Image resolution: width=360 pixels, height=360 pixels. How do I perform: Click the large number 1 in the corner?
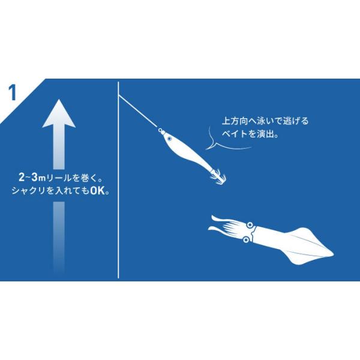pos(13,92)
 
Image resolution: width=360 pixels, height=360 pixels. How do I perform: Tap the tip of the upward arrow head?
pos(59,100)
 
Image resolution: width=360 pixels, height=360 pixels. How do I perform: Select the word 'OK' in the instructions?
pos(97,191)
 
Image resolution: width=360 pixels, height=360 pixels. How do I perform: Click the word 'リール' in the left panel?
pos(59,178)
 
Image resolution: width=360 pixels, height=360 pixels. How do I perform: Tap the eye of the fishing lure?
pos(169,139)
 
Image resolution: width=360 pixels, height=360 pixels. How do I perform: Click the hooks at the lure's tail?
pos(218,176)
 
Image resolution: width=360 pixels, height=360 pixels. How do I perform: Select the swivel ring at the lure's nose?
pos(160,130)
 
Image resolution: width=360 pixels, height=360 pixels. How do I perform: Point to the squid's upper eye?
pos(250,224)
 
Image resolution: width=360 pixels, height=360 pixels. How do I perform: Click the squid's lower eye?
pos(246,239)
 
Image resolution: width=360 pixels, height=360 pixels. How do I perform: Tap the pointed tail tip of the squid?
pos(334,254)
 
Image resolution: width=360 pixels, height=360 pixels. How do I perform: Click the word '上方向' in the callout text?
pos(235,121)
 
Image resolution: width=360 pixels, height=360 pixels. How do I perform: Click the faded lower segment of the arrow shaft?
pos(59,236)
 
